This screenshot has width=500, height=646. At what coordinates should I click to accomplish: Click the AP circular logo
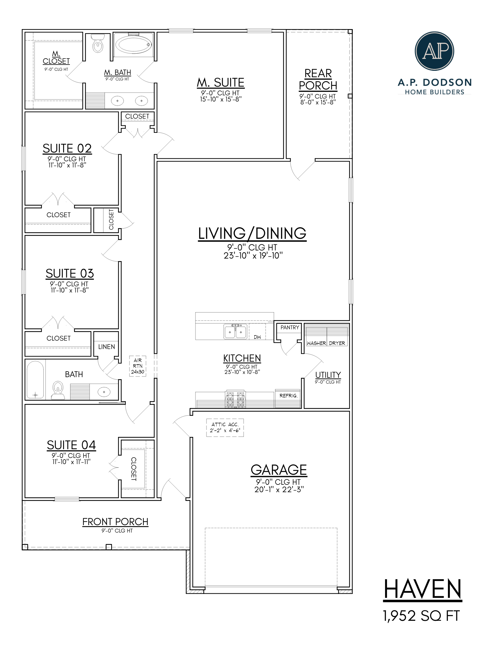434,51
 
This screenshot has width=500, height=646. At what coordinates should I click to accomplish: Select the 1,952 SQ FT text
421,616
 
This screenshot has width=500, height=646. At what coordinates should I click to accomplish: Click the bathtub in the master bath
133,45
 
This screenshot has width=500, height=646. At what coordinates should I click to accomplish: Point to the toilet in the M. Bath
98,44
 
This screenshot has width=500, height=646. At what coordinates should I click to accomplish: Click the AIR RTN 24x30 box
138,366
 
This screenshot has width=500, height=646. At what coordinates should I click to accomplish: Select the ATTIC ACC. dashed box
225,427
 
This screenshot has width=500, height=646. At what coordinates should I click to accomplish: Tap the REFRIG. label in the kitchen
288,396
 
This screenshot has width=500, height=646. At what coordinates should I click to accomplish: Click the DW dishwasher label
257,337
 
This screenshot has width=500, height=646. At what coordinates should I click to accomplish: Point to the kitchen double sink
235,332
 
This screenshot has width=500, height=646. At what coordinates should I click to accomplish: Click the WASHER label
316,343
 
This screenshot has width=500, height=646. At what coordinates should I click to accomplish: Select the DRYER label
337,343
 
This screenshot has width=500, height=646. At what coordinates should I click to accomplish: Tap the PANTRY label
290,327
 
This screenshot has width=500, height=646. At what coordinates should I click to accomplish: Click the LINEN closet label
106,347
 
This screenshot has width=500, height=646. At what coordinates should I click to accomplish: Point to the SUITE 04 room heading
71,445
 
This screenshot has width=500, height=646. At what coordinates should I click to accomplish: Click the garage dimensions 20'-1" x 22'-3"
279,490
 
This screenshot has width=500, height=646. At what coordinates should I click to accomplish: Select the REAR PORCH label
318,79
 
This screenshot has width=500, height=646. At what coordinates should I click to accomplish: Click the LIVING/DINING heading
252,233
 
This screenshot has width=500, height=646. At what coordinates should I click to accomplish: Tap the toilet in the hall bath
58,389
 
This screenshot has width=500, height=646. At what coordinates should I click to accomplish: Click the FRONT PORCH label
115,522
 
